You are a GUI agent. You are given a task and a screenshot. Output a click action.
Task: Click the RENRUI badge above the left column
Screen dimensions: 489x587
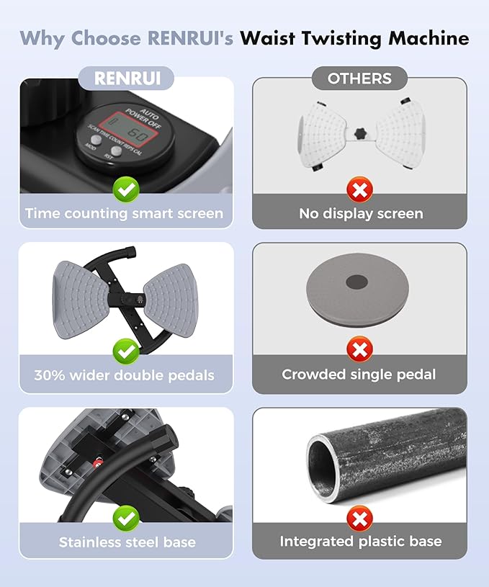[x=126, y=79]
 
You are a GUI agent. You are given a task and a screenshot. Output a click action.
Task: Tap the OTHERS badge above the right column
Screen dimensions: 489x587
[x=359, y=79]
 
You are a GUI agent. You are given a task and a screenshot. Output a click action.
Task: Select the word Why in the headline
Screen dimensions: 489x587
[x=42, y=39]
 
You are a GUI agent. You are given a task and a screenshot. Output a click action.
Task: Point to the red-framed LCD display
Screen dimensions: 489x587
[x=130, y=128]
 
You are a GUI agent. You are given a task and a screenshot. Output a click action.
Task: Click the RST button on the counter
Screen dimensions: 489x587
[x=116, y=151]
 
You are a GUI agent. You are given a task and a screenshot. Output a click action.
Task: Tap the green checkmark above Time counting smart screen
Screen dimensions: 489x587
[x=126, y=190]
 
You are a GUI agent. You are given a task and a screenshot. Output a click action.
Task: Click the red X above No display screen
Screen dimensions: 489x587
[x=360, y=190]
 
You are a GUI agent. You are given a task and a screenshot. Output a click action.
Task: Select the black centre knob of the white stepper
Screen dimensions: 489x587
[x=361, y=134]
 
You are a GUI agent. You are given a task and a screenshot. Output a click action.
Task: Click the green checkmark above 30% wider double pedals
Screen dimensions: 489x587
[x=126, y=351]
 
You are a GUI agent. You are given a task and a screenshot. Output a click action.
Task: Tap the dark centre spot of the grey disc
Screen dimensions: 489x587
[x=356, y=282]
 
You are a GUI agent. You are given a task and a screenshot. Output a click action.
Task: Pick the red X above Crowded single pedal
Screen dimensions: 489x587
[x=360, y=349]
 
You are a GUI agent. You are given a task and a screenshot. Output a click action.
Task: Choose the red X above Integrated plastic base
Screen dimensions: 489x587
[x=360, y=519]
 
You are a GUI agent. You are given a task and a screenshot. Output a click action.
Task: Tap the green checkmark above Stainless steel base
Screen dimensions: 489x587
[x=126, y=519]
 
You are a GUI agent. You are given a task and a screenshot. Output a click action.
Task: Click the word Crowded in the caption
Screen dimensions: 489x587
[x=313, y=375]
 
